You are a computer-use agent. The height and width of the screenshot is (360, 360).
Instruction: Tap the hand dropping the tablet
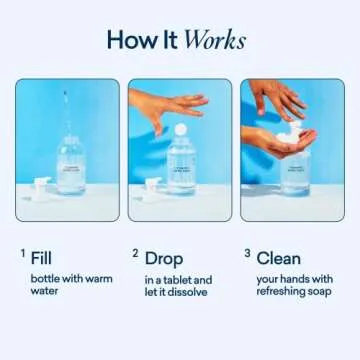(165, 103)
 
